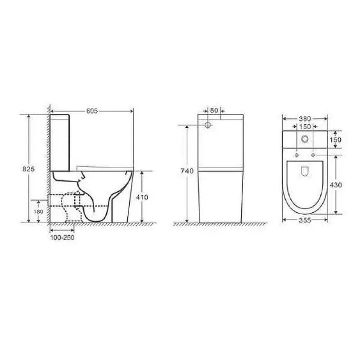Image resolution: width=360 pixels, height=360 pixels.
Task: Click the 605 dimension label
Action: click(92, 111)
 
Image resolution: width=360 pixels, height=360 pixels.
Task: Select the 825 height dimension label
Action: click(28, 169)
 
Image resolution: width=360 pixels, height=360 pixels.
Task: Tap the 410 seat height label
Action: click(142, 197)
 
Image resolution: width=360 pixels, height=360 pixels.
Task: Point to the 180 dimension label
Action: click(38, 211)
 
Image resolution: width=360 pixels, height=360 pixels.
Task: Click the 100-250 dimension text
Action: click(62, 238)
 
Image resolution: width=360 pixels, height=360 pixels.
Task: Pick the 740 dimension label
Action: click(187, 171)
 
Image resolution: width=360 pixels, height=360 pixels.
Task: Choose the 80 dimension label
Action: click(214, 110)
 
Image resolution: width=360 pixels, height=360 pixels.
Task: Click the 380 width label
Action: click(305, 119)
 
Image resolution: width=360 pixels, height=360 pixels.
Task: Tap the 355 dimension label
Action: click(305, 220)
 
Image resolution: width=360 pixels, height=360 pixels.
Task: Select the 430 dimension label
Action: click(336, 185)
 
